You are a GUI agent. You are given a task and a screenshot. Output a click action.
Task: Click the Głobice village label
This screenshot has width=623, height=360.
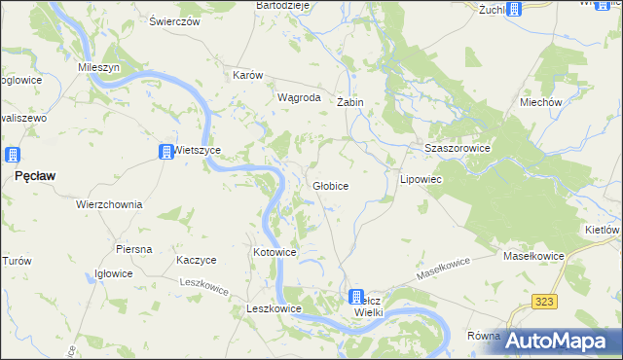[x=330, y=185]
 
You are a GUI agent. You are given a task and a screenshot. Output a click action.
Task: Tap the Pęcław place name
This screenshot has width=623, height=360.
[x=35, y=176]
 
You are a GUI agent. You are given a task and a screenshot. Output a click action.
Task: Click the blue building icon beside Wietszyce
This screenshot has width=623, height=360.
[x=166, y=151]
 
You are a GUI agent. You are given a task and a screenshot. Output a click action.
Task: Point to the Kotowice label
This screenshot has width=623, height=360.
[x=275, y=252]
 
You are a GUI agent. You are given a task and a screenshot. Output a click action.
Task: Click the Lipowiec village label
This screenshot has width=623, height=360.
[x=421, y=181]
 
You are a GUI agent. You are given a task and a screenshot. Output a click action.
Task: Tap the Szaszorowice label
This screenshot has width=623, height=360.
[x=456, y=148]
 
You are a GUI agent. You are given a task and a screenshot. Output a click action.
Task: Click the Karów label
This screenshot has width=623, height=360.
[x=250, y=75]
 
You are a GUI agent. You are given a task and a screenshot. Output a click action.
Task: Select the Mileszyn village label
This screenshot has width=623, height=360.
[x=98, y=68]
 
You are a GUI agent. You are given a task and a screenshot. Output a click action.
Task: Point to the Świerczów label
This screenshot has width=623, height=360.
[x=175, y=20]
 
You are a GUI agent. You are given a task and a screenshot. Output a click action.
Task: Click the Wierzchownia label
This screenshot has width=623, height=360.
[x=109, y=205]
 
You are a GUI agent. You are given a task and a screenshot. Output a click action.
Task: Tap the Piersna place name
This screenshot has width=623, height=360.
[x=133, y=249]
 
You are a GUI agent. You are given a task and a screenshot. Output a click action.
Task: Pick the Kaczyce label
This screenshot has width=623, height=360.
[x=196, y=260]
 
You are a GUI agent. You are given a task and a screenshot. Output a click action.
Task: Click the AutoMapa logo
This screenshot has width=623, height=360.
[x=561, y=341]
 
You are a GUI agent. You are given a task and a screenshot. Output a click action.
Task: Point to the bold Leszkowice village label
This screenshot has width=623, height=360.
[x=274, y=308]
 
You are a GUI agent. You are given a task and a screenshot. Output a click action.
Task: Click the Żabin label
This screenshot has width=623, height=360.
[x=349, y=102]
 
